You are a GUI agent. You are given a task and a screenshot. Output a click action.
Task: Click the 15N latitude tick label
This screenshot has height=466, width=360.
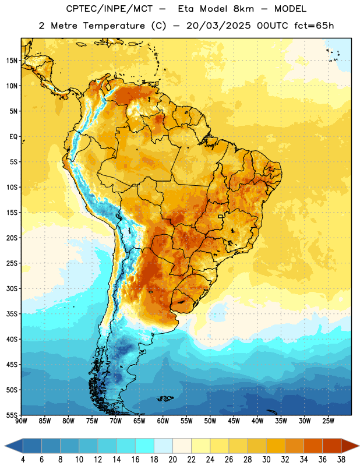coord(12,61)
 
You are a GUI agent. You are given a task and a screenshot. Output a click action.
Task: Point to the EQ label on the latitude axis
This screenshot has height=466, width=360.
coord(13,137)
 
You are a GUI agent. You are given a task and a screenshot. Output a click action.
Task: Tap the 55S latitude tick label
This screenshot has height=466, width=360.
coord(12,415)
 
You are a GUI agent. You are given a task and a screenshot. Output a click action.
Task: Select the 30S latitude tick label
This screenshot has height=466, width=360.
coord(12,288)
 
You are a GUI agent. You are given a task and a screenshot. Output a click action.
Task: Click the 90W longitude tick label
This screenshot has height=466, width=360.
coord(21,421)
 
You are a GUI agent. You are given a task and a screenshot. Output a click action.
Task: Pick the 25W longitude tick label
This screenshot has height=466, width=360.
coord(328,421)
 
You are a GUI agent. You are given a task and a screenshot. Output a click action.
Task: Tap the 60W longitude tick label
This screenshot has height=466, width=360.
coord(163,421)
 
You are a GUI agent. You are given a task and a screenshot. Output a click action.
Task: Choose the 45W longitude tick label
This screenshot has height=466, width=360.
coord(234,421)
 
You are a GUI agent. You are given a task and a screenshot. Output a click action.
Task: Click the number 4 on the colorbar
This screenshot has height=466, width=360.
coord(23,460)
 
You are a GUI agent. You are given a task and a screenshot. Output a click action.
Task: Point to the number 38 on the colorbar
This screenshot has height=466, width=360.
coord(341,460)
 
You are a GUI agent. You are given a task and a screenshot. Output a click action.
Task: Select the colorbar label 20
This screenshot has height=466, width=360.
coord(172,460)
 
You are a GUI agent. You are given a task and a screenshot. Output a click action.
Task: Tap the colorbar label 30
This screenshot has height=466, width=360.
coord(266,460)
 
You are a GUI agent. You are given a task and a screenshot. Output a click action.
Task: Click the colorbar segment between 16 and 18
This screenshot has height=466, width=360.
coord(145,446)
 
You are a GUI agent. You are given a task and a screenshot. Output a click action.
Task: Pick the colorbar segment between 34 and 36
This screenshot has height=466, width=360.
coord(313,446)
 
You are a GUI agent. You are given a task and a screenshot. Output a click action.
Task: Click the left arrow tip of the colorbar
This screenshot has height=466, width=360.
coord(5,446)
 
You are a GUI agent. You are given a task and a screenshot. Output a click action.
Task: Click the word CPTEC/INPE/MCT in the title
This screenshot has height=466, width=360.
coord(110,9)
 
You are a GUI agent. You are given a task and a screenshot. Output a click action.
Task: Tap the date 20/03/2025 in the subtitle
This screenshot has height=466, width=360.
coord(218,26)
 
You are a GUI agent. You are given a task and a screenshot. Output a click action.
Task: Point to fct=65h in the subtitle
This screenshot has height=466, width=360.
coord(314,26)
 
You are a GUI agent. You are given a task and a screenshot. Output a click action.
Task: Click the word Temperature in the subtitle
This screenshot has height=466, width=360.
coord(114,26)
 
